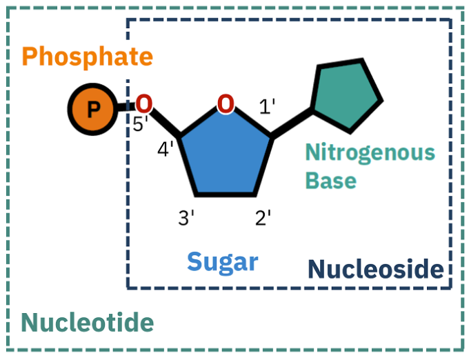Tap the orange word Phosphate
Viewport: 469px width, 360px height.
pos(87,56)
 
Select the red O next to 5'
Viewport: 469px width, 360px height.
pos(143,104)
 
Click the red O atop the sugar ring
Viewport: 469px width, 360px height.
pos(226,104)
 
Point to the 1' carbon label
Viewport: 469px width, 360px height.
pos(267,107)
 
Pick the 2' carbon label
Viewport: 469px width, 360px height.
pos(263,219)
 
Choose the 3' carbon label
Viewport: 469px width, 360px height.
pos(186,219)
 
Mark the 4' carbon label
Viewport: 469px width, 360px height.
pos(166,149)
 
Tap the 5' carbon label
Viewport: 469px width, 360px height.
pos(141,126)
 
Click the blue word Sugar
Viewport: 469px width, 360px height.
pos(222,261)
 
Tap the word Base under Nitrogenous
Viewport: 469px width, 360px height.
pos(331,180)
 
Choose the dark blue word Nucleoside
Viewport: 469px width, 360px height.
pos(375,269)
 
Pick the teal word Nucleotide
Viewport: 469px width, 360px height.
pos(87,321)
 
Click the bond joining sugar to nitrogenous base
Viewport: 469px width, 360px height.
pos(292,123)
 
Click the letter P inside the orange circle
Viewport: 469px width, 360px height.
pos(94,109)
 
